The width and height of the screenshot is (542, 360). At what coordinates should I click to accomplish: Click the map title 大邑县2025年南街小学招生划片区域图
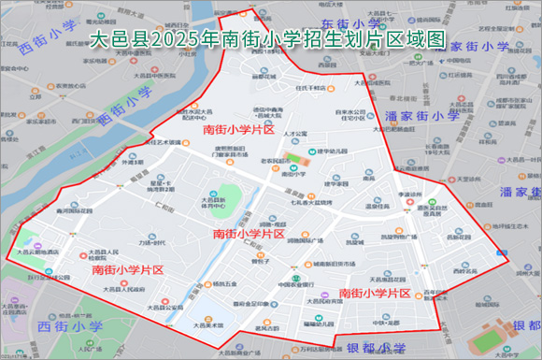tap(270, 40)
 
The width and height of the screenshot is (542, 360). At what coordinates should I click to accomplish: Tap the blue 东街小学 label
tap(352, 22)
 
